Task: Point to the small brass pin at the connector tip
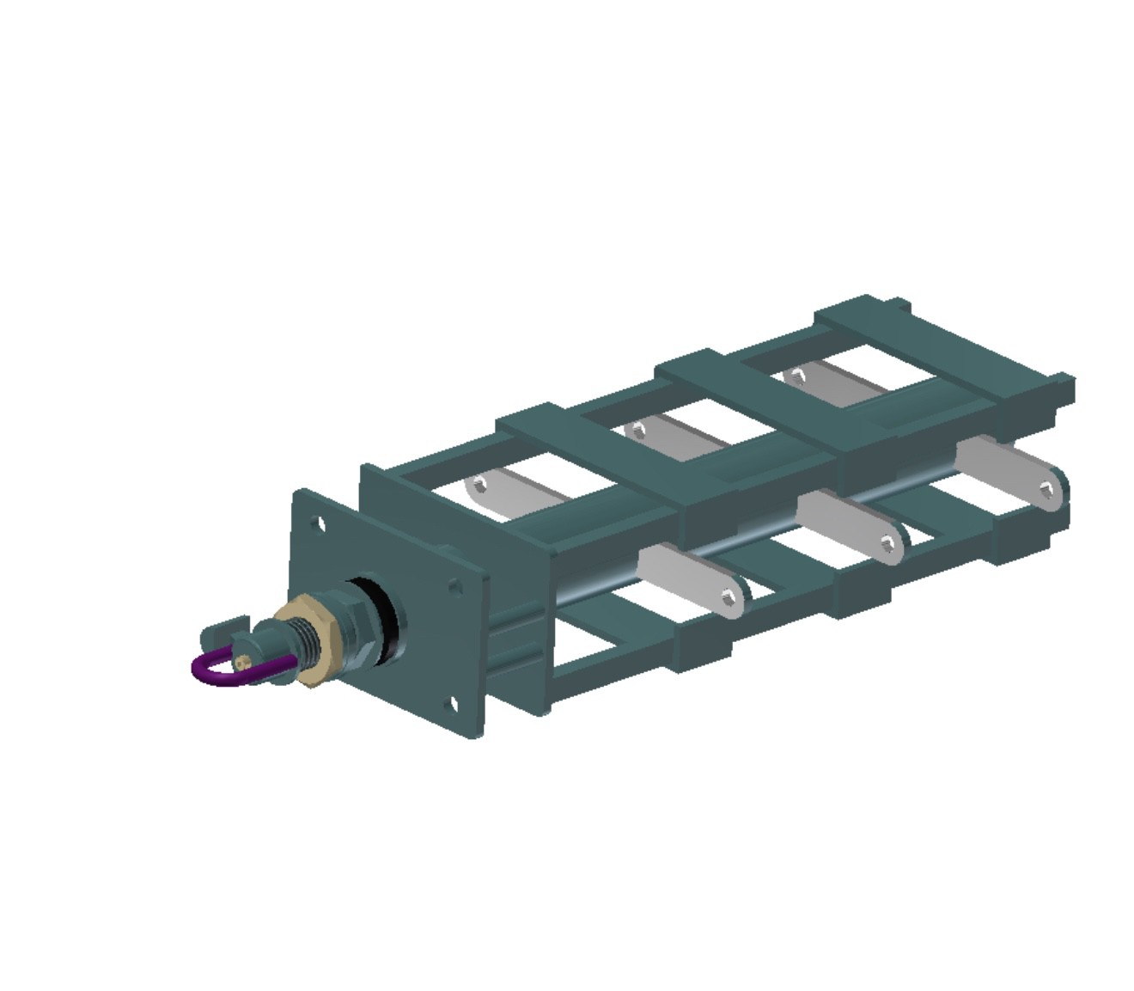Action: pyautogui.click(x=245, y=661)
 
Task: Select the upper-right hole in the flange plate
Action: pyautogui.click(x=455, y=587)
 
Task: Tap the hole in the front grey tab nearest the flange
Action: pyautogui.click(x=729, y=598)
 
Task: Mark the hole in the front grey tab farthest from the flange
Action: pyautogui.click(x=1045, y=490)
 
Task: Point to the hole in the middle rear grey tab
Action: pyautogui.click(x=637, y=428)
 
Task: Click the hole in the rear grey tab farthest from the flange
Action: pyautogui.click(x=796, y=375)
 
